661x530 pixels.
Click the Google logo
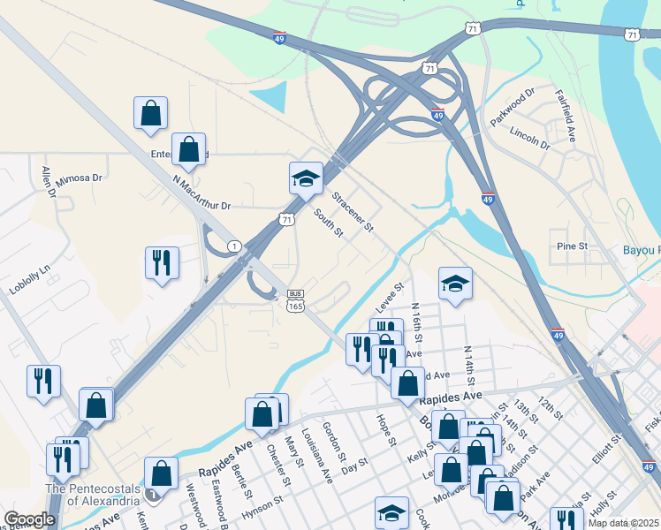[x=29, y=519]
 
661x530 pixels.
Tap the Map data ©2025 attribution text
[x=623, y=522]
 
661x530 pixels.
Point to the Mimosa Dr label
[x=80, y=179]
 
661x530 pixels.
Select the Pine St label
[x=566, y=247]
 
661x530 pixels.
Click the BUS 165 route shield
[x=296, y=300]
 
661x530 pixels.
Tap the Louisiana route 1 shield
[x=233, y=245]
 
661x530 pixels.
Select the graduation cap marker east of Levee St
[x=455, y=284]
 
